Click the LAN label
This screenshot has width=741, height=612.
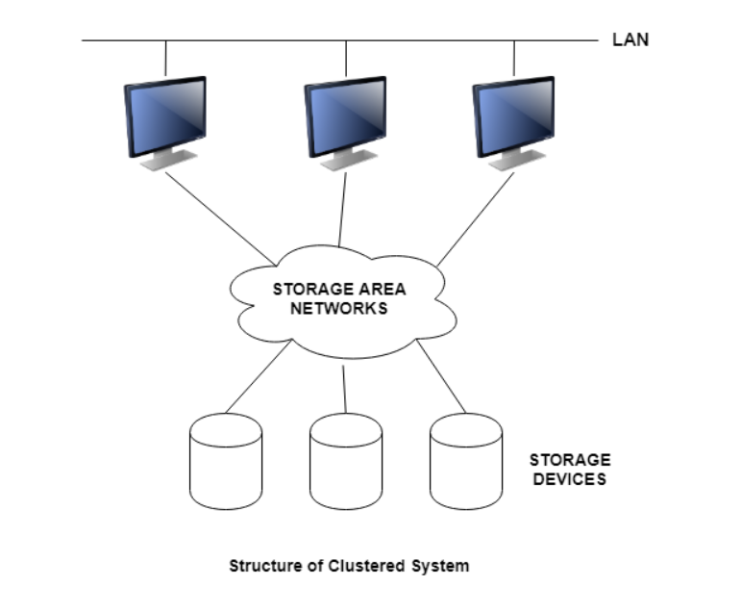pyautogui.click(x=630, y=40)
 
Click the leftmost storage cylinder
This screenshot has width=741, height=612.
pyautogui.click(x=226, y=462)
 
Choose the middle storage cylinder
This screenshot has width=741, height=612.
pyautogui.click(x=346, y=462)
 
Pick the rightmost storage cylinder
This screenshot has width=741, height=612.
pyautogui.click(x=465, y=462)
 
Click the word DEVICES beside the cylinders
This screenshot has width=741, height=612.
pyautogui.click(x=570, y=478)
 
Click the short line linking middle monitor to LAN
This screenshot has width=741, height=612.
pyautogui.click(x=345, y=59)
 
